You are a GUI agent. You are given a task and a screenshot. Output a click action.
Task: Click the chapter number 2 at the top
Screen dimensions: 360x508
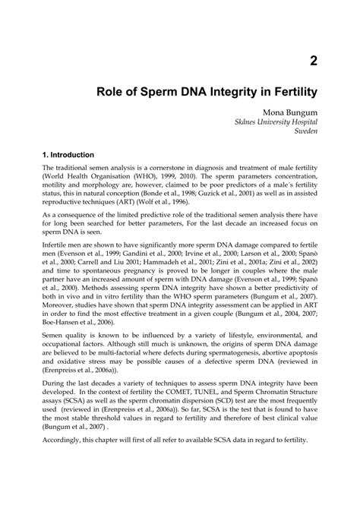click(312, 62)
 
